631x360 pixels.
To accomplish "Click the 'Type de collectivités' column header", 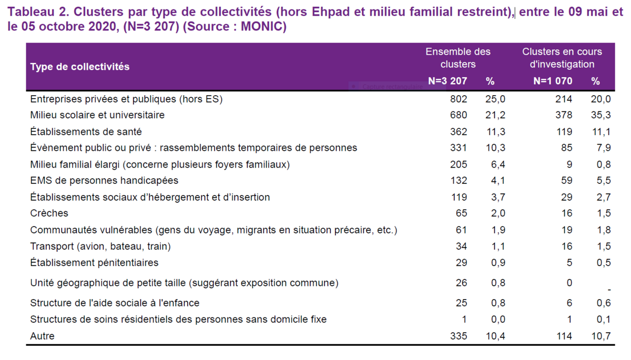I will pos(80,67).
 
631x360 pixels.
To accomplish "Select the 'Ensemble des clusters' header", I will pos(457,58).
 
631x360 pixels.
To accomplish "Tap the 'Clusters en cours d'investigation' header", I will pos(562,58).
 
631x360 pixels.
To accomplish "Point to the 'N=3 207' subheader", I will pos(447,81).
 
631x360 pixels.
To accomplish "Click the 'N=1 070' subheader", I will pos(553,81).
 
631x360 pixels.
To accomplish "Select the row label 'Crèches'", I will pos(49,213).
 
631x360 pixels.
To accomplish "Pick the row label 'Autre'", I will pos(42,336).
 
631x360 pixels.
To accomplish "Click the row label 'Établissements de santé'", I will pos(86,132).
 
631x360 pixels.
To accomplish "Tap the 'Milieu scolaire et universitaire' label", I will pos(97,115).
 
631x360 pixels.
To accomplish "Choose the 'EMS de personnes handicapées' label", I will pos(104,181).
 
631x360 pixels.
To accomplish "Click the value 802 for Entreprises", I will pos(459,99).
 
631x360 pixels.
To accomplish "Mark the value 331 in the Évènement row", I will pos(459,148).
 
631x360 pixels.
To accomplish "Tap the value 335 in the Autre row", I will pos(459,336).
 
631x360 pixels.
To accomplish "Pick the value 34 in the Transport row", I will pos(461,246).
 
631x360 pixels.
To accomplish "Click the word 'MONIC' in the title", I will pos(261,27).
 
